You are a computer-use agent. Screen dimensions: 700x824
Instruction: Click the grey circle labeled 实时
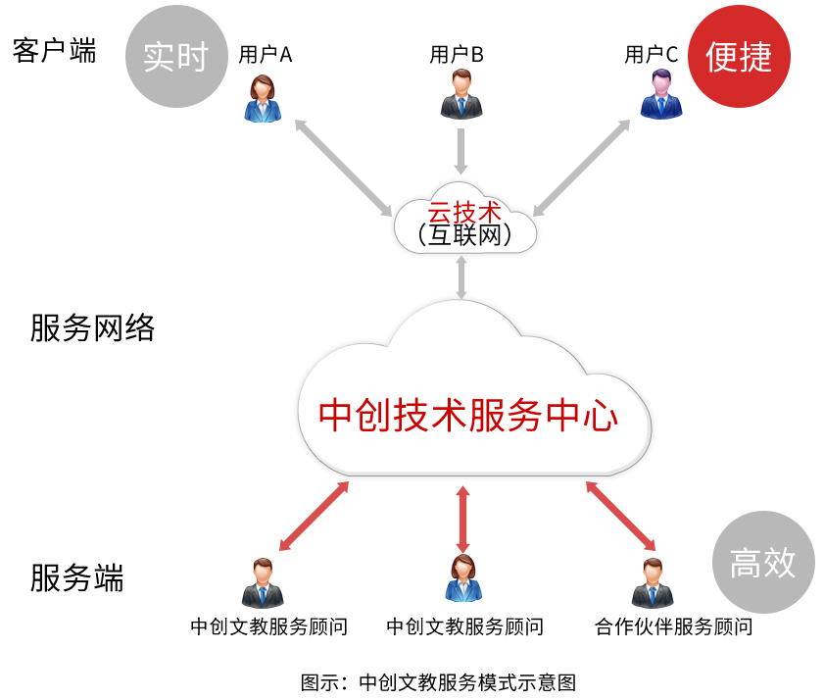[x=175, y=56]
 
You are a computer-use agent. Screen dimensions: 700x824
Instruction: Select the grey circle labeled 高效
[x=762, y=563]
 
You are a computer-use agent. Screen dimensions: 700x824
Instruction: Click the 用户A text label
[x=266, y=55]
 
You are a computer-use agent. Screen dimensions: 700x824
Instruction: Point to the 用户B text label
[x=457, y=55]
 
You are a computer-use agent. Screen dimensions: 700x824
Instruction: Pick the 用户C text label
[x=652, y=55]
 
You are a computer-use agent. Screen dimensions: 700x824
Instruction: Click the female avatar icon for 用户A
[x=263, y=98]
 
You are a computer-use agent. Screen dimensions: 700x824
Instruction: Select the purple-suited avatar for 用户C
[x=656, y=95]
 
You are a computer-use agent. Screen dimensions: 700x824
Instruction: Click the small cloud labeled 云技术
[x=464, y=222]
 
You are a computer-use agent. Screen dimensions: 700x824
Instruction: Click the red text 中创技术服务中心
[x=468, y=415]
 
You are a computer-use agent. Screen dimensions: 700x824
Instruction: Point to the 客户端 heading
[x=55, y=51]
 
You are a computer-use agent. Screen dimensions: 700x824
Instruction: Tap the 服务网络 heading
[x=92, y=327]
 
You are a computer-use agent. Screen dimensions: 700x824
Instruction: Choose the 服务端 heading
[x=77, y=577]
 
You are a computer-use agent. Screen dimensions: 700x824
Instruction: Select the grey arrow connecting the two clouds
[x=460, y=278]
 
